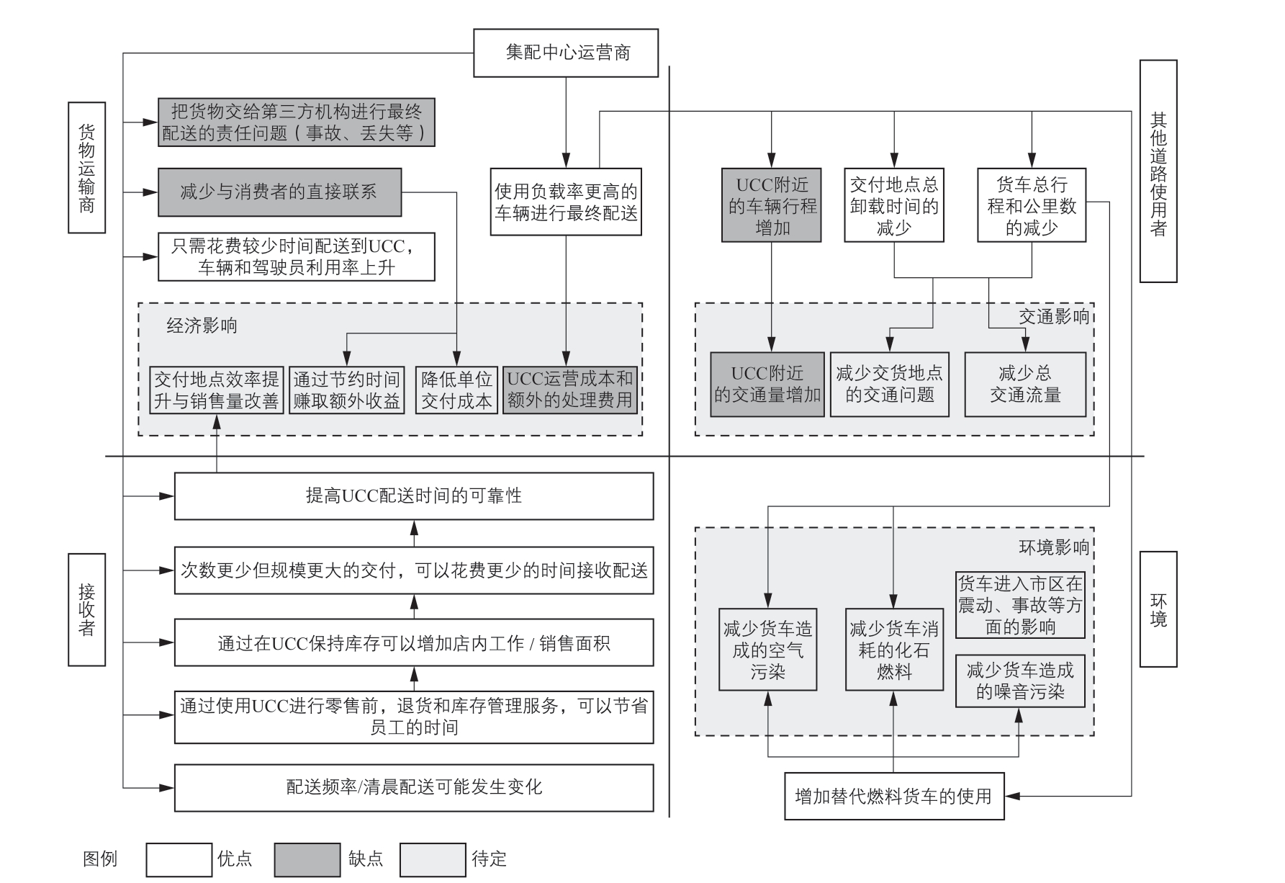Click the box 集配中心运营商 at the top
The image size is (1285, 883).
[566, 53]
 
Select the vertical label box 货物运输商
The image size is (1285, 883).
[87, 168]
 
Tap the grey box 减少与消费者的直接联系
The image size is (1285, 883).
[280, 192]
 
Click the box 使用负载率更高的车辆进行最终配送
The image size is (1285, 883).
[566, 202]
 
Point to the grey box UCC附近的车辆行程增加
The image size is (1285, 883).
[772, 205]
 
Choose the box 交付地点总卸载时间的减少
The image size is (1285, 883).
[894, 205]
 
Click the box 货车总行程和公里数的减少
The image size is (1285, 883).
[1032, 205]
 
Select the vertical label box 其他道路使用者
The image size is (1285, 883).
[1158, 171]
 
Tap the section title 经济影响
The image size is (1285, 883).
[202, 326]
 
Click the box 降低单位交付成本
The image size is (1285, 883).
[456, 390]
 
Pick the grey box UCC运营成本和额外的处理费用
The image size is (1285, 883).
[569, 390]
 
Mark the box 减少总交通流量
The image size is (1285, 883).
[1025, 385]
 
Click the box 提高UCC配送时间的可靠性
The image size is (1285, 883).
[414, 496]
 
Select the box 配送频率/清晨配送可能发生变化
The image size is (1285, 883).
[414, 787]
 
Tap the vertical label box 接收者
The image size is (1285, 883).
[87, 610]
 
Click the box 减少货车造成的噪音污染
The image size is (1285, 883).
[1020, 681]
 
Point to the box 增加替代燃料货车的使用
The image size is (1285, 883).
[894, 796]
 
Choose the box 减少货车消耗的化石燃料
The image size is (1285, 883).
[894, 650]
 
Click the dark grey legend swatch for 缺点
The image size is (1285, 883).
[307, 860]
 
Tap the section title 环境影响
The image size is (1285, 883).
[1054, 547]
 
